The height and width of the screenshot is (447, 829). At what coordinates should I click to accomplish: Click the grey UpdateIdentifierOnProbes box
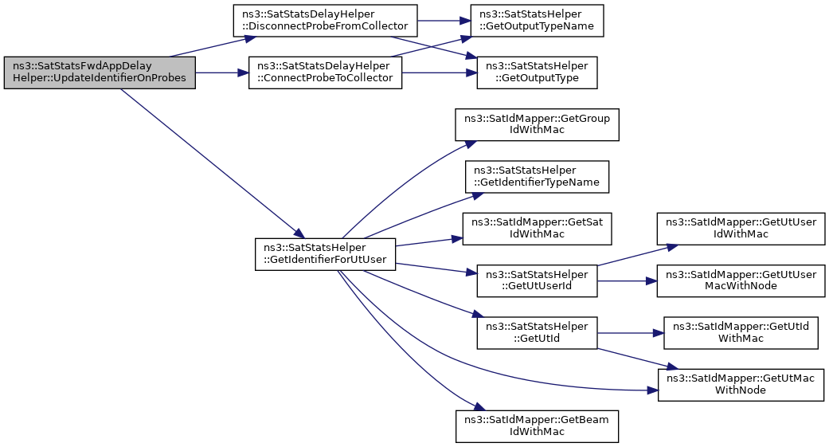[x=100, y=73]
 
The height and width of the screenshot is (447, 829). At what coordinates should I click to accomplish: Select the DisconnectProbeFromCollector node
[x=325, y=21]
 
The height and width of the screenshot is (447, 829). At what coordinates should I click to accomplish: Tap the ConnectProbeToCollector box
[x=325, y=73]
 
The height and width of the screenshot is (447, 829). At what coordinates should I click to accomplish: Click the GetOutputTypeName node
[x=537, y=21]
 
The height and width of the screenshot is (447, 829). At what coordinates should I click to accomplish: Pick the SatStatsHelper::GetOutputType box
[x=537, y=73]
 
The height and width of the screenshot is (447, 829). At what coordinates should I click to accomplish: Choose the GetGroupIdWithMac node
[x=537, y=124]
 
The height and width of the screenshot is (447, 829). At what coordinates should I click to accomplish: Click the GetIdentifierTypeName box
[x=537, y=176]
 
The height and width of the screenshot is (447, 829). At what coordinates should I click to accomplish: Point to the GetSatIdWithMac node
[x=537, y=229]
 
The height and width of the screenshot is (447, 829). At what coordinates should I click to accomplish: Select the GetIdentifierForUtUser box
[x=325, y=254]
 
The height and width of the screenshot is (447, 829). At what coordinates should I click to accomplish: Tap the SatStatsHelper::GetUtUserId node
[x=537, y=280]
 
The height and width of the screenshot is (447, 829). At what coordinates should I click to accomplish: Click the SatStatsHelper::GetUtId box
[x=537, y=333]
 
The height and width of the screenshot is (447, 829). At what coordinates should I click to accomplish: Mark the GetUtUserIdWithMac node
[x=741, y=229]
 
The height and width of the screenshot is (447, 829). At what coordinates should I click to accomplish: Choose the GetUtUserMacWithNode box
[x=741, y=280]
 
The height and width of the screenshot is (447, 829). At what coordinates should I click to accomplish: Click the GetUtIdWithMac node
[x=741, y=333]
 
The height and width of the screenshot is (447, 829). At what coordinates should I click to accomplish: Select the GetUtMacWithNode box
[x=741, y=385]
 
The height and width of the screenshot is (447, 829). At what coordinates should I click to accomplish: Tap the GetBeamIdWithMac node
[x=537, y=426]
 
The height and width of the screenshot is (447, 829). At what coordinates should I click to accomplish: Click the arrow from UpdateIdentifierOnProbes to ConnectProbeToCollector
[x=222, y=73]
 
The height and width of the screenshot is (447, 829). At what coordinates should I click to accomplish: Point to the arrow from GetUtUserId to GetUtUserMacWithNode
[x=627, y=280]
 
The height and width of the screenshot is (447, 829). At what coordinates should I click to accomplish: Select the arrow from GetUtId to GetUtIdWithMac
[x=631, y=333]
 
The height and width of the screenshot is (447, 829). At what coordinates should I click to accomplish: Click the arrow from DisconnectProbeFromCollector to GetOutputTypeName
[x=444, y=21]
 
